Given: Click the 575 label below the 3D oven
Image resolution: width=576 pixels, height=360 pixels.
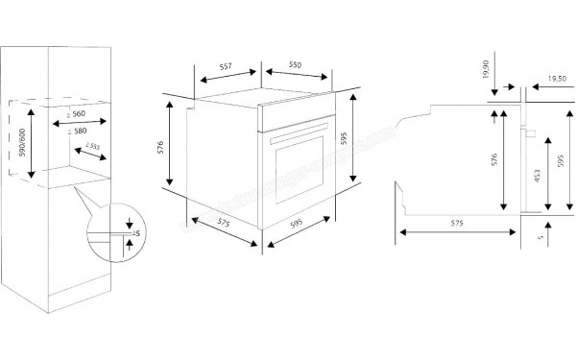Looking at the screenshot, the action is tap(224, 223).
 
